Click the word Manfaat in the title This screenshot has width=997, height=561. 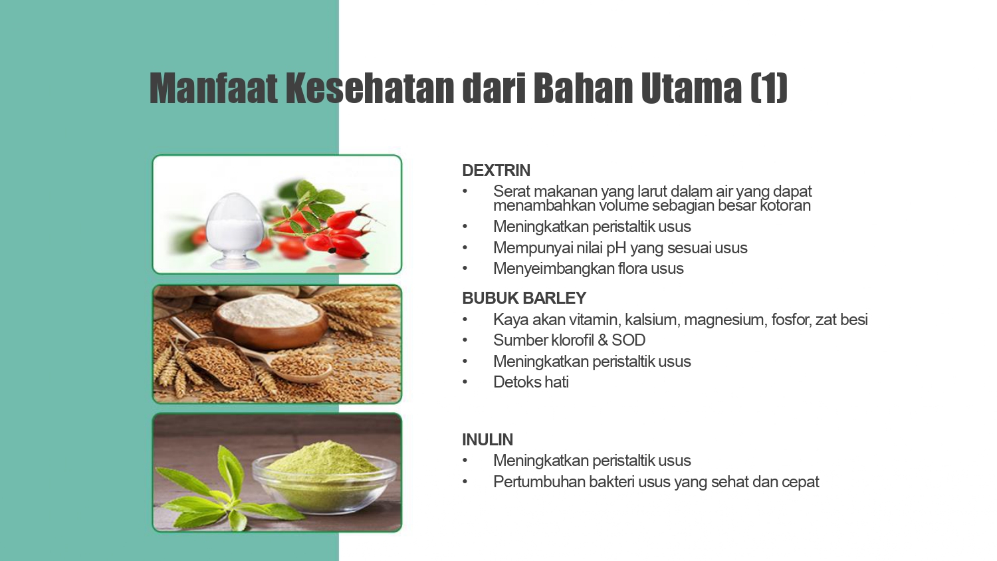213,88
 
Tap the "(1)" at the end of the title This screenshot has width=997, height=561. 768,88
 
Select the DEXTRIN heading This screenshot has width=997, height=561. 497,171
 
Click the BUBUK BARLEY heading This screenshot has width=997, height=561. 524,298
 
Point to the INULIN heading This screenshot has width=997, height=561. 487,439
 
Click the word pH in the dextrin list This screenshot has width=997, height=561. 616,247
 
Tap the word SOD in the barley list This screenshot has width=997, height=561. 629,340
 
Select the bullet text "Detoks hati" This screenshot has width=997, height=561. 531,382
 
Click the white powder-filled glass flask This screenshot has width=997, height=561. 235,231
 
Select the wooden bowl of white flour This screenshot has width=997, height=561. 270,319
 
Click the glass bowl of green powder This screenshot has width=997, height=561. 324,477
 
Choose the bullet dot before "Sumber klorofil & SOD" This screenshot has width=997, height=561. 465,340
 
